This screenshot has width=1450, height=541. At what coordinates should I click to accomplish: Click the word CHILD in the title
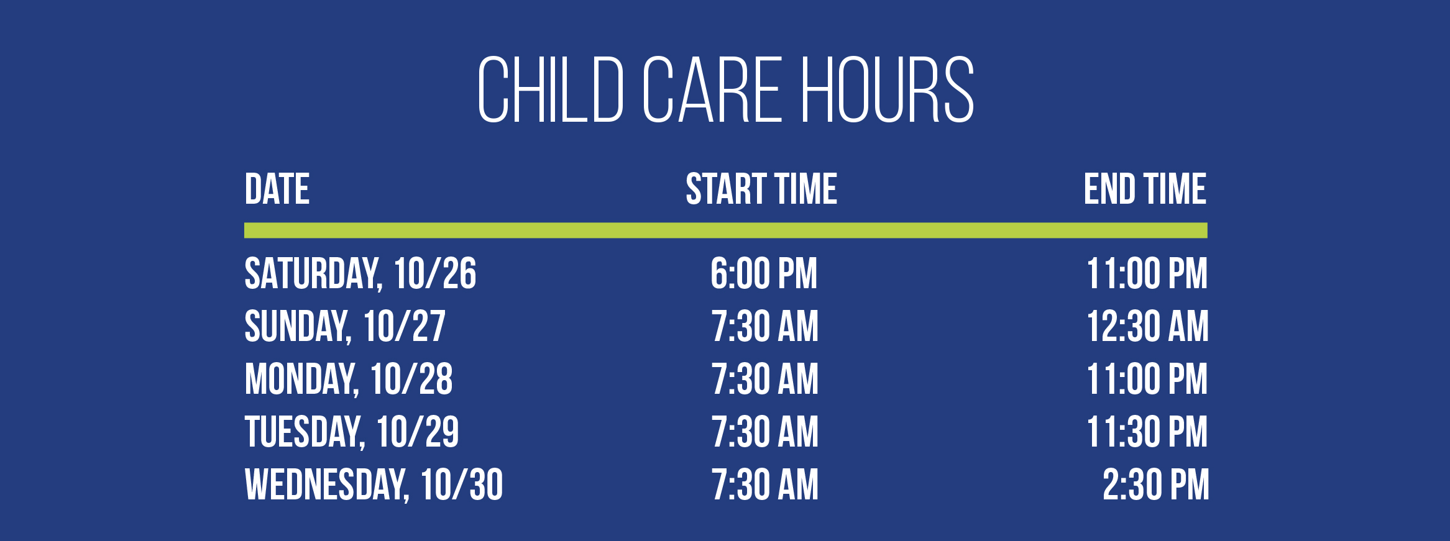coord(551,89)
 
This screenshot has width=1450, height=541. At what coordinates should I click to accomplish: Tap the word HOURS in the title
coord(887,89)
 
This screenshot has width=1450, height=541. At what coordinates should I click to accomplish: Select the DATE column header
coord(277,189)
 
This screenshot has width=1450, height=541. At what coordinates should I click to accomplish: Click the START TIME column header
coord(761,189)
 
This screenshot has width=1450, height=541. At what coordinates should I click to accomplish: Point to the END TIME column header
coord(1145,189)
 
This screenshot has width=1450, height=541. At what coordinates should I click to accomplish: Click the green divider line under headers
coord(726,230)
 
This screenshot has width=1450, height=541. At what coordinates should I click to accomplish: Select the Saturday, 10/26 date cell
coord(360,274)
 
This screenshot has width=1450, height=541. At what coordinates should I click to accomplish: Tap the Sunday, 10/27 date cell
coord(345,327)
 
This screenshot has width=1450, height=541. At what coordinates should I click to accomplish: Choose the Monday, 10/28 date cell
coord(349,380)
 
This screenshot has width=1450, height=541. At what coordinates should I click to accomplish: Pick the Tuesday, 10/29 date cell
coord(352,432)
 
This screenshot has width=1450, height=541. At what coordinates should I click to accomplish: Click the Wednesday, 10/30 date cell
coord(374,485)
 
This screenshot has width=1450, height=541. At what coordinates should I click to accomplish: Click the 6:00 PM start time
coord(764,274)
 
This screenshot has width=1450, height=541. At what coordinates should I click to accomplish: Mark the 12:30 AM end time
coord(1147,327)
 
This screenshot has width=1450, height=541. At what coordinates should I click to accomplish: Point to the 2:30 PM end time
coord(1156,485)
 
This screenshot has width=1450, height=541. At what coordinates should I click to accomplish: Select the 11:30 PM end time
coord(1147,432)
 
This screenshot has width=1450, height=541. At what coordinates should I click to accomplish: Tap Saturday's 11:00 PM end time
coord(1147,274)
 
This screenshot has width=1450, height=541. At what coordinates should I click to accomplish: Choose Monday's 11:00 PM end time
coord(1147,380)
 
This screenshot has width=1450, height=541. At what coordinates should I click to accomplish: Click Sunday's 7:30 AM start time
coord(765,327)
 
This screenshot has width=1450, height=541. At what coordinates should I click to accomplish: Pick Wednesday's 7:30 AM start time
coord(765,485)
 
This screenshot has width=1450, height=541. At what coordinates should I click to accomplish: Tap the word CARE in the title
coord(712,89)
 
